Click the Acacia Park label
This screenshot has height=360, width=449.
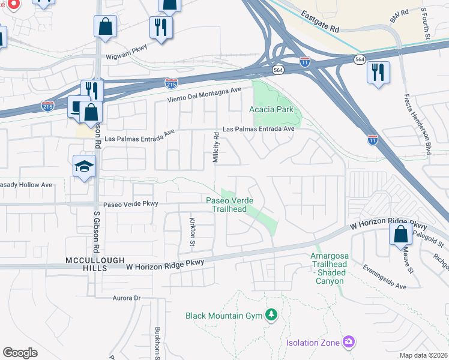(271, 109)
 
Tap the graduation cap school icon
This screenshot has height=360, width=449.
(85, 166)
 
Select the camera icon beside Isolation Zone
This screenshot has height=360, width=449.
(349, 342)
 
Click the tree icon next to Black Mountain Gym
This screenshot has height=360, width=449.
(272, 315)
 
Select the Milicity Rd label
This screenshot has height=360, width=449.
(216, 148)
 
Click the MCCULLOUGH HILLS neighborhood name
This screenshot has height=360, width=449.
(86, 264)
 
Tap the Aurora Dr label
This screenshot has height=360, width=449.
(126, 298)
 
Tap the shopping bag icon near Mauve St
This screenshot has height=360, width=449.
(400, 234)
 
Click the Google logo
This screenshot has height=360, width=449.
(20, 353)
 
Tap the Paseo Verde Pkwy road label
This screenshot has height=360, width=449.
(130, 204)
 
